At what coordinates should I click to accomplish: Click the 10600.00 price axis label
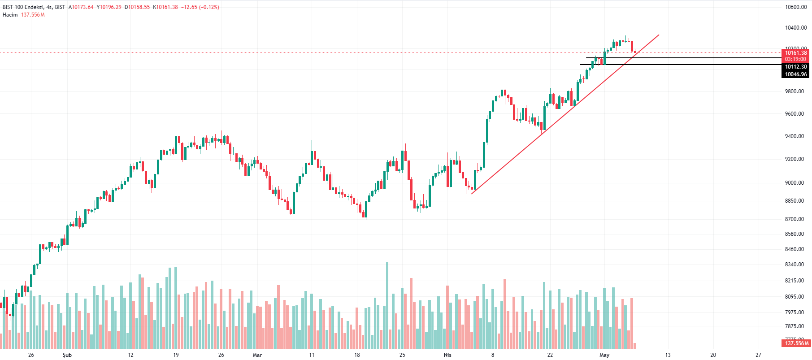click(796, 7)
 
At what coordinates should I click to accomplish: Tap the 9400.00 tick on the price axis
click(795, 136)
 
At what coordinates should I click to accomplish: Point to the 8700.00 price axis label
click(795, 219)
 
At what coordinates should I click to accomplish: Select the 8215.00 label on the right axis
click(795, 281)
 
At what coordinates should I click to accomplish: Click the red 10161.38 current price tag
click(796, 53)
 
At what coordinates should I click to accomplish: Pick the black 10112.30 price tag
click(796, 67)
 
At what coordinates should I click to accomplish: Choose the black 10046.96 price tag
click(796, 74)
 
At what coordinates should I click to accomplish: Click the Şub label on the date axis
click(67, 355)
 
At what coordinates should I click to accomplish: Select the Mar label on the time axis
click(257, 355)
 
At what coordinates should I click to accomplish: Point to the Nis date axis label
click(447, 355)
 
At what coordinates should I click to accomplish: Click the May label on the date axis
click(604, 355)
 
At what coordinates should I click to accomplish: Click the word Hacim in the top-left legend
click(10, 15)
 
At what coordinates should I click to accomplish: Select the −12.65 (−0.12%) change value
click(200, 7)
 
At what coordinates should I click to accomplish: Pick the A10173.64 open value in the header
click(81, 7)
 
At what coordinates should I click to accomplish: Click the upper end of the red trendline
click(658, 35)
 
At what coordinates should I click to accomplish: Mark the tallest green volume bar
click(387, 305)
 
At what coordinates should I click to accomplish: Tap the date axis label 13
click(668, 355)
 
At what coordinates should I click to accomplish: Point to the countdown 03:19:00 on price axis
click(796, 59)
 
